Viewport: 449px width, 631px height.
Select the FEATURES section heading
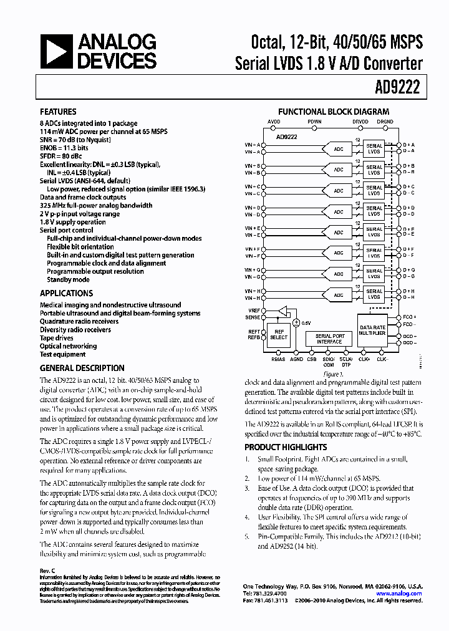[58, 112]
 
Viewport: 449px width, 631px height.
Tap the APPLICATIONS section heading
[66, 293]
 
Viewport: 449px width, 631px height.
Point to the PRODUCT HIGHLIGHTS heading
[285, 447]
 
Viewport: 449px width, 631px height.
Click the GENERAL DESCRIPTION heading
[82, 368]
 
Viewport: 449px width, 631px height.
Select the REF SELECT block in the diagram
[279, 334]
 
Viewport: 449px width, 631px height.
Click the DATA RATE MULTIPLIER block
[372, 331]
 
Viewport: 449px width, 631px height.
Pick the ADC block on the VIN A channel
[339, 148]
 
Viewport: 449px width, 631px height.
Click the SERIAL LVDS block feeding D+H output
[374, 294]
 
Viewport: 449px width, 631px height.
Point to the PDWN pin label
[314, 122]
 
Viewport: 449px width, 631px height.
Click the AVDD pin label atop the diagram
[274, 122]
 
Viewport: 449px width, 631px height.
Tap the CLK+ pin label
[365, 360]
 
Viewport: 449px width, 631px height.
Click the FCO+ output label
[409, 317]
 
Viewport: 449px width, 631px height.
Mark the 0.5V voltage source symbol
[296, 322]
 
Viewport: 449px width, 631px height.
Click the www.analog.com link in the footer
[404, 594]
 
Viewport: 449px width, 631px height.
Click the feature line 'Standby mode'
[68, 279]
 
